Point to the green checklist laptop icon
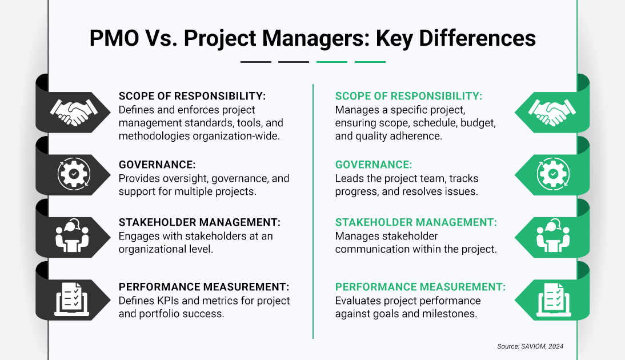coord(551,298)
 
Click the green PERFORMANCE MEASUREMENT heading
coord(420,287)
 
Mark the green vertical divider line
coord(313,211)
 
